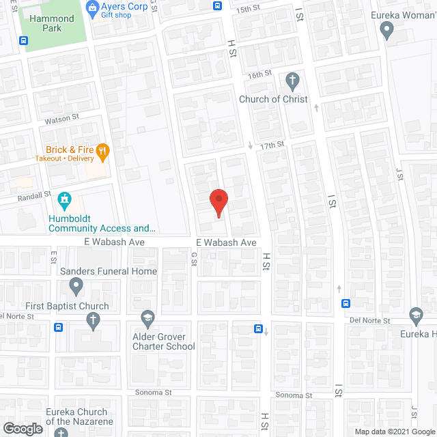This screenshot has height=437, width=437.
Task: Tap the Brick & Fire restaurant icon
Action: click(103, 152)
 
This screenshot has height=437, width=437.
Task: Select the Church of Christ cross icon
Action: click(293, 82)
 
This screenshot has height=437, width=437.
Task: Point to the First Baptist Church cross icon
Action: click(92, 320)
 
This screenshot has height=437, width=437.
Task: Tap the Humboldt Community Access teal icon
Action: click(65, 200)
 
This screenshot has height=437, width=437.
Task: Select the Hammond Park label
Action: click(52, 24)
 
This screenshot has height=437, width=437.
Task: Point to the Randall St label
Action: click(35, 195)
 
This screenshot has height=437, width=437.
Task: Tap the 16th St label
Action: click(259, 74)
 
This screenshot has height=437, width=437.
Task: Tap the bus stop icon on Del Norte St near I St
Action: click(346, 304)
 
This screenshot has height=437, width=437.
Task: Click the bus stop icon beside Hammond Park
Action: click(24, 41)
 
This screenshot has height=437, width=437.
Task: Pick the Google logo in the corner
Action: click(22, 429)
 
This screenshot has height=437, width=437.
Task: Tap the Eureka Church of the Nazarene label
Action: click(76, 417)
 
